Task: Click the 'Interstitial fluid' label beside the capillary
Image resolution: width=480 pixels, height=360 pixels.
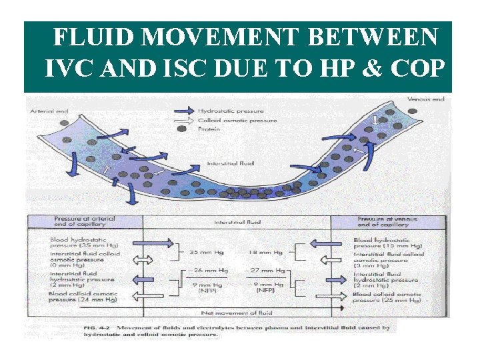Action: tap(230, 163)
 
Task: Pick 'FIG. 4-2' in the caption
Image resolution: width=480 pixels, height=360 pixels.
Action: tap(97, 327)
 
